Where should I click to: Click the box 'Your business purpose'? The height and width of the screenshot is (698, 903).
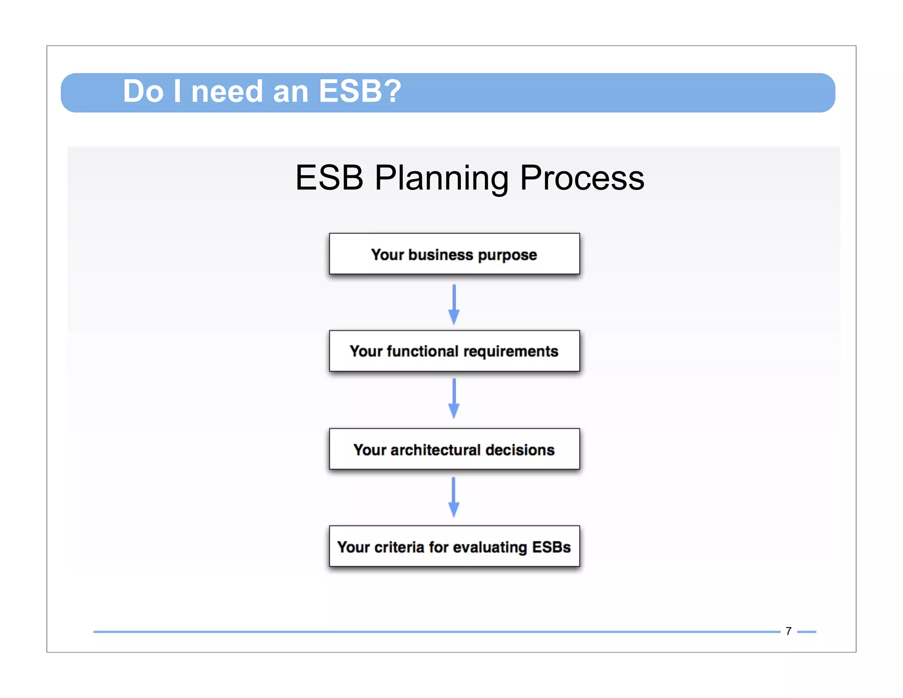[x=454, y=254]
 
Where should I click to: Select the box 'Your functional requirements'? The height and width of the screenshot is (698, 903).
[x=454, y=351]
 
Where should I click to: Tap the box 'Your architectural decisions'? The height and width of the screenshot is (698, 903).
[x=454, y=449]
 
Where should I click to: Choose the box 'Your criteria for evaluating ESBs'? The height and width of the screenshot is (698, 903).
[x=454, y=546]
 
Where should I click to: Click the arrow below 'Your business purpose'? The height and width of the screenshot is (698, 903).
[x=454, y=304]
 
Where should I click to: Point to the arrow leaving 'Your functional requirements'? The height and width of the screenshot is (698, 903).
[x=454, y=398]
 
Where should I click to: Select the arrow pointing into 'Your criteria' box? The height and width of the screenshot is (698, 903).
[x=454, y=497]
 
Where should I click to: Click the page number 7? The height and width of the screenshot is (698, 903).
[x=788, y=631]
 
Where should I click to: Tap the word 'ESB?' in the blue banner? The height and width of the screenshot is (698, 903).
[x=359, y=91]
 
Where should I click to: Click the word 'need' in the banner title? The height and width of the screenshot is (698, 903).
[x=227, y=91]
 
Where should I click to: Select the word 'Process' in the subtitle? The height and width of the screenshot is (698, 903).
[x=582, y=178]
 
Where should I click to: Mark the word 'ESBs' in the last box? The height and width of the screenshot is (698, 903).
[x=551, y=547]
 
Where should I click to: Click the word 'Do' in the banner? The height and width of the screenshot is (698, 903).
[x=143, y=91]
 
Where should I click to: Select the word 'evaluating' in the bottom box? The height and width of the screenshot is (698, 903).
[x=489, y=548]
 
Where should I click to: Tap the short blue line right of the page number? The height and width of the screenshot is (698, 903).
[x=806, y=632]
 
